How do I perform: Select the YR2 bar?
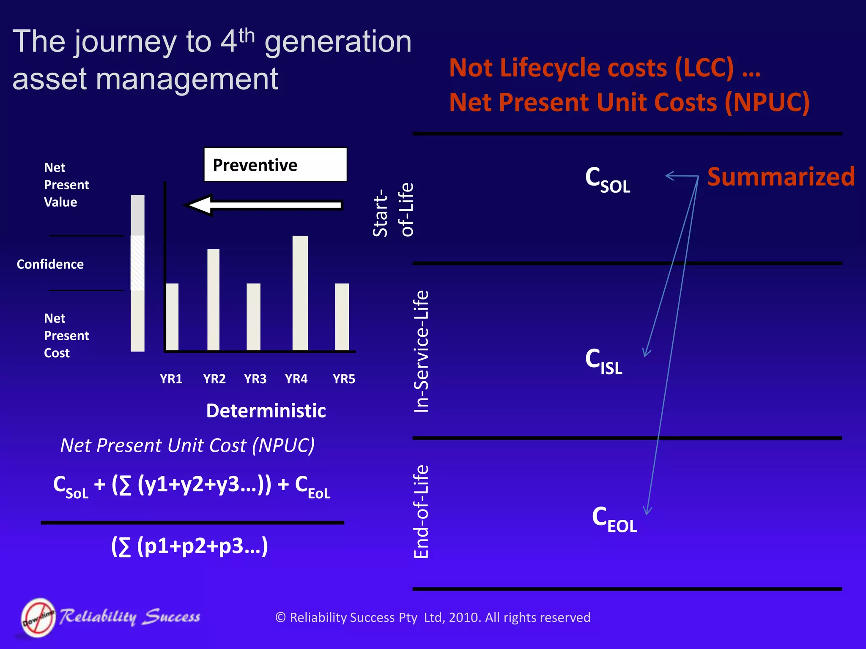coord(213,300)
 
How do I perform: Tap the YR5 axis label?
coord(344,379)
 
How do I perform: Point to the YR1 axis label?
coord(171,379)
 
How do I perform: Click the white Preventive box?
coord(275,164)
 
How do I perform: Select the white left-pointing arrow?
coord(263,205)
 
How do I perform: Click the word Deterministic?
coord(266,411)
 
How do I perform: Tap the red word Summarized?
coord(781,177)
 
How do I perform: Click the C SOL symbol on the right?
coord(607,180)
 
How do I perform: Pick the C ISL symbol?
coord(603,361)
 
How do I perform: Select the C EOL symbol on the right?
coord(614,519)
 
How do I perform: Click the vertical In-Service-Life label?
coord(421,351)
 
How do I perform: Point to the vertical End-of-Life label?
coord(421,512)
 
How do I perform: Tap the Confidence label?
coord(50,265)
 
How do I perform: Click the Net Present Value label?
coord(66,185)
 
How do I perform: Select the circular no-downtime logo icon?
coord(38,617)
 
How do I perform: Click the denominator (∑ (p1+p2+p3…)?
coord(189,546)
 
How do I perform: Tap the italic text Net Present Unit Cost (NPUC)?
coord(187,445)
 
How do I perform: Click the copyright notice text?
coord(433,617)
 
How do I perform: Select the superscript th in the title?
coord(247,35)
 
